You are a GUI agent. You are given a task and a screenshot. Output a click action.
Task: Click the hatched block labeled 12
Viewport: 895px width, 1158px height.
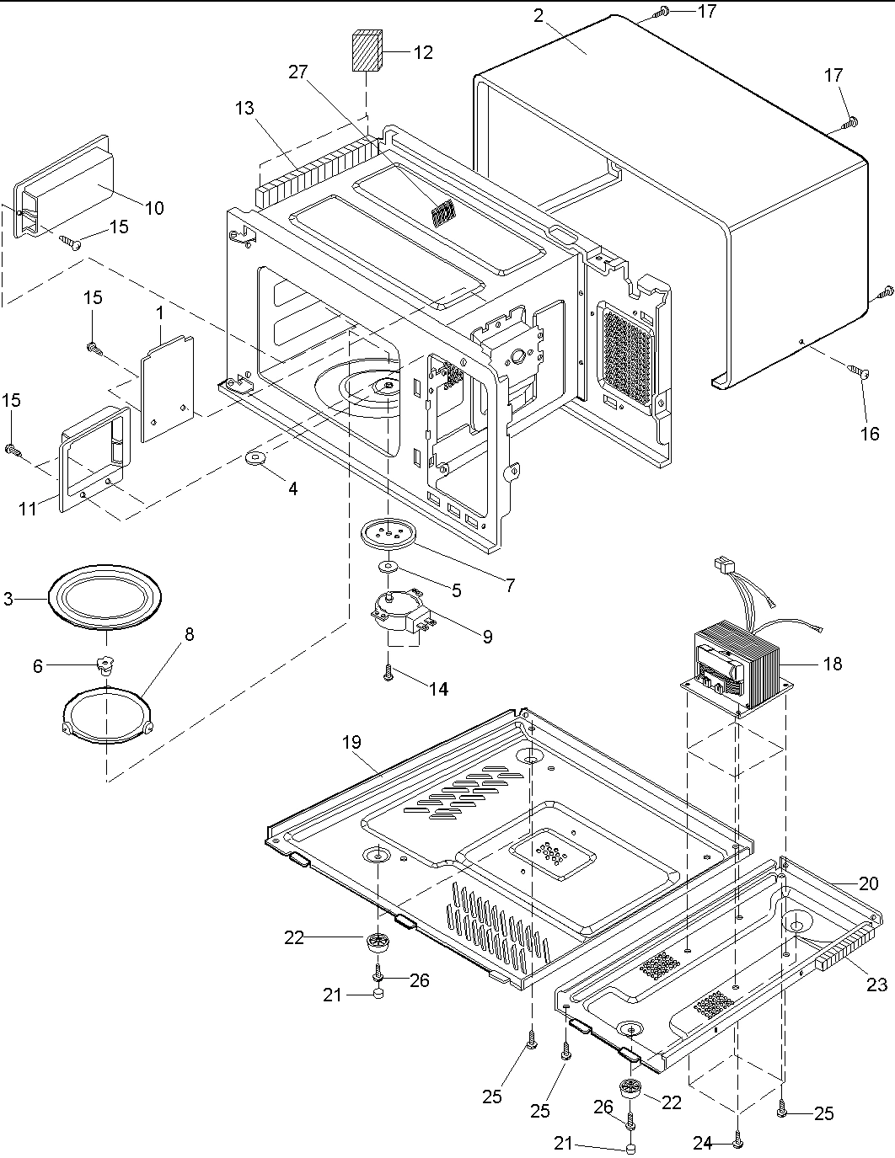[x=365, y=51]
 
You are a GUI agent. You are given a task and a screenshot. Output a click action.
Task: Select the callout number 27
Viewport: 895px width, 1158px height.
[x=298, y=72]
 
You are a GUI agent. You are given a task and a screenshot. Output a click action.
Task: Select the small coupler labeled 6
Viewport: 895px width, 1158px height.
[x=105, y=665]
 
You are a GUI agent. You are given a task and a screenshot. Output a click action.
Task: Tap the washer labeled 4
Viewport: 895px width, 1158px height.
[x=254, y=459]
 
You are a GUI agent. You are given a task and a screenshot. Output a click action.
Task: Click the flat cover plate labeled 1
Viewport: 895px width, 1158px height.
[x=167, y=387]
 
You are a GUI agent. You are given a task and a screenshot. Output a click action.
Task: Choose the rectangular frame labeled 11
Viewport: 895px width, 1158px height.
[x=93, y=458]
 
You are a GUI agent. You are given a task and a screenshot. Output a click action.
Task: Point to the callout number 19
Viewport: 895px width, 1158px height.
[x=351, y=742]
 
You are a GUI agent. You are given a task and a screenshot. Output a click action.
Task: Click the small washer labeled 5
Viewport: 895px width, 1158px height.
[x=389, y=566]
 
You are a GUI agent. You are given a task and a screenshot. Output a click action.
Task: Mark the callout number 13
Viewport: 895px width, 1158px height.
[x=244, y=108]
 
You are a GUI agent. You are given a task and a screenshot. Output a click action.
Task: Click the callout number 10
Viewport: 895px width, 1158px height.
[x=154, y=207]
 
